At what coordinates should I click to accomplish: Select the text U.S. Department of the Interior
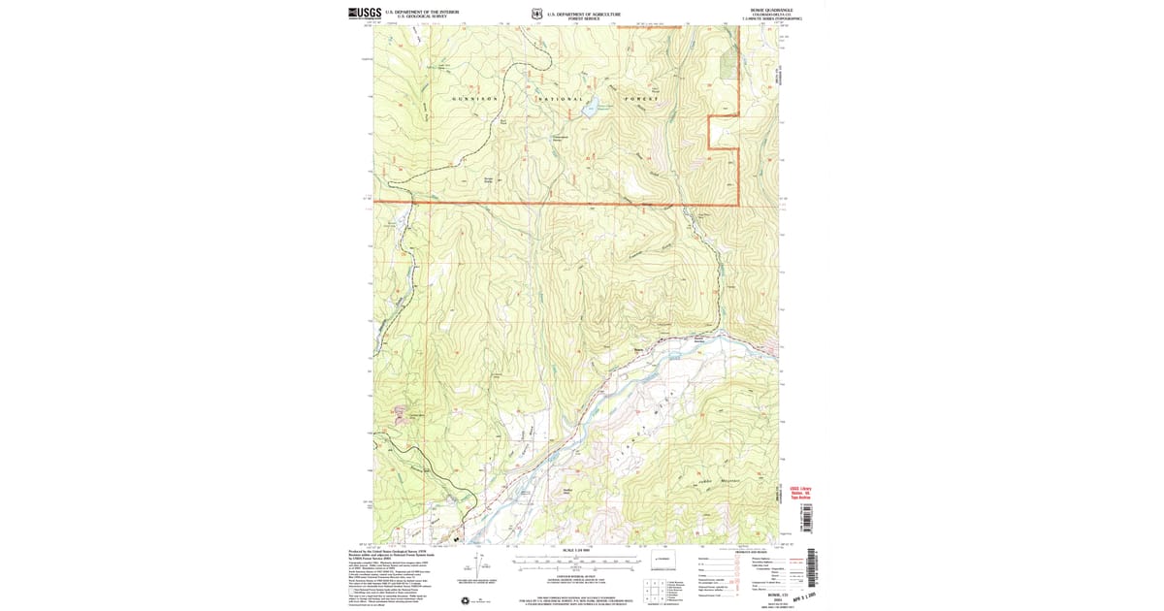[x=417, y=13]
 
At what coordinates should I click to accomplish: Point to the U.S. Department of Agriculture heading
[x=583, y=13]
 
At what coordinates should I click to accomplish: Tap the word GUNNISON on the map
[x=476, y=99]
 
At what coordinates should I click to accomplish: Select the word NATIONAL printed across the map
[x=561, y=99]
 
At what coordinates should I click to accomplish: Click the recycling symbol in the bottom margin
[x=474, y=601]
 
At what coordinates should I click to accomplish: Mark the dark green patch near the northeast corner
[x=728, y=63]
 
